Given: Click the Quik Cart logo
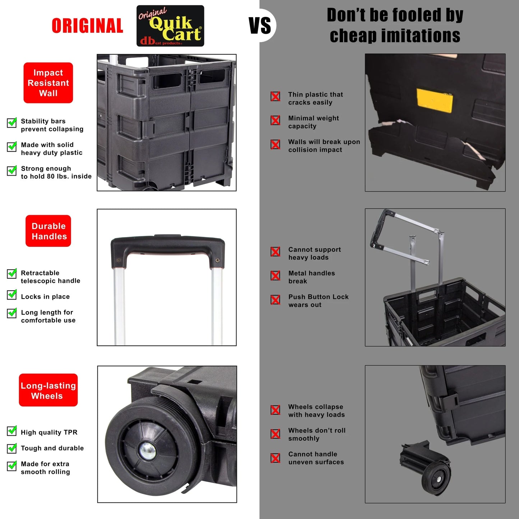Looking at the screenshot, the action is click(x=170, y=26).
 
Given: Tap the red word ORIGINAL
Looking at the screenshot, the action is click(x=88, y=26).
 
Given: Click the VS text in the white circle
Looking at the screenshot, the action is click(x=260, y=26).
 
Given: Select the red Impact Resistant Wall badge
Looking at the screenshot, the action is click(x=48, y=83).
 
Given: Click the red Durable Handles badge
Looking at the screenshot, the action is click(x=48, y=231).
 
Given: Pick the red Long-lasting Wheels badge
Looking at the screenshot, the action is click(x=48, y=390).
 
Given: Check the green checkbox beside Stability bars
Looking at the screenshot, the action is click(x=12, y=122).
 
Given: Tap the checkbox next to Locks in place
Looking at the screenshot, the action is click(x=12, y=295).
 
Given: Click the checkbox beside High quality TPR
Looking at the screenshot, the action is click(x=12, y=431).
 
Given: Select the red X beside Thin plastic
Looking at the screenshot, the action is click(x=275, y=96).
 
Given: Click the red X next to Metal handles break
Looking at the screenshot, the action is click(x=275, y=275).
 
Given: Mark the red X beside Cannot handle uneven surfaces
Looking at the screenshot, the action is click(x=275, y=458).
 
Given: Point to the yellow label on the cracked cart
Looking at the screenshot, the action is click(x=435, y=101).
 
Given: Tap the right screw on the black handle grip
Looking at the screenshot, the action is click(x=217, y=260).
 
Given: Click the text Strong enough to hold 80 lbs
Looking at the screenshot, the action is click(x=56, y=172).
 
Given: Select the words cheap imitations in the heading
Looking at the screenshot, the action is click(x=395, y=36).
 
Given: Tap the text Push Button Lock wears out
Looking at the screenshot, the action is click(x=318, y=301).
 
